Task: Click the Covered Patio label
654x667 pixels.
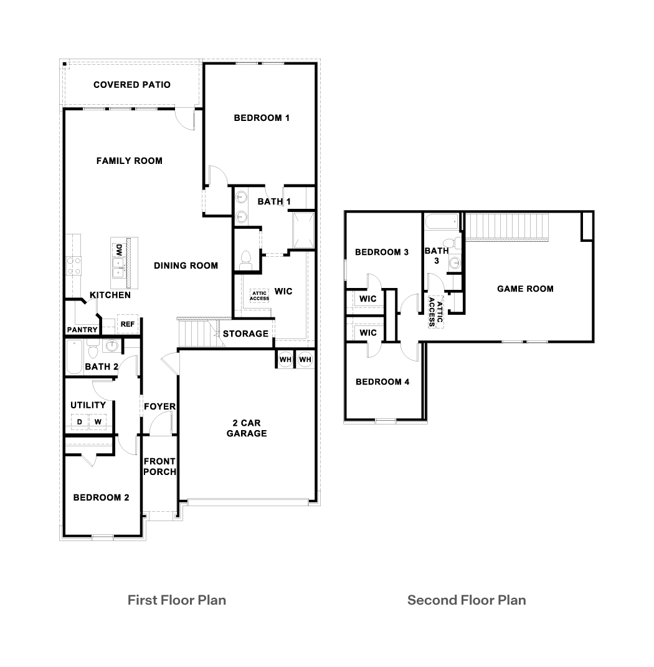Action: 131,85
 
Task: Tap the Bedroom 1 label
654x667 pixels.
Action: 262,118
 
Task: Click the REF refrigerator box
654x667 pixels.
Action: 127,324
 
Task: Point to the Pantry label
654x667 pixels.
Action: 82,330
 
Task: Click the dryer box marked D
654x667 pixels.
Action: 80,422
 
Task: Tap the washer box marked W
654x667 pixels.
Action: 98,422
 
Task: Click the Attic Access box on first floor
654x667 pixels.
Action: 259,295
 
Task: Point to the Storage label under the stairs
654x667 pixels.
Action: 245,333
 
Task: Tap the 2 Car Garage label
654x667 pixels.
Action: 247,428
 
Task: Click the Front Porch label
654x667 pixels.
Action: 159,466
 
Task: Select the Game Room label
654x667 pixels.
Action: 525,289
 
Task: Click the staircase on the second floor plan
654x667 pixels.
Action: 507,226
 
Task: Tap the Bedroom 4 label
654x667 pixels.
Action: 382,381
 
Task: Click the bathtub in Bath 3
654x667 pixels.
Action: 441,222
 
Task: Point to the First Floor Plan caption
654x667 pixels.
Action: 176,600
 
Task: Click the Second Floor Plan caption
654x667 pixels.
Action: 467,600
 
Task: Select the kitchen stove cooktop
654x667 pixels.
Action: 74,266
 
